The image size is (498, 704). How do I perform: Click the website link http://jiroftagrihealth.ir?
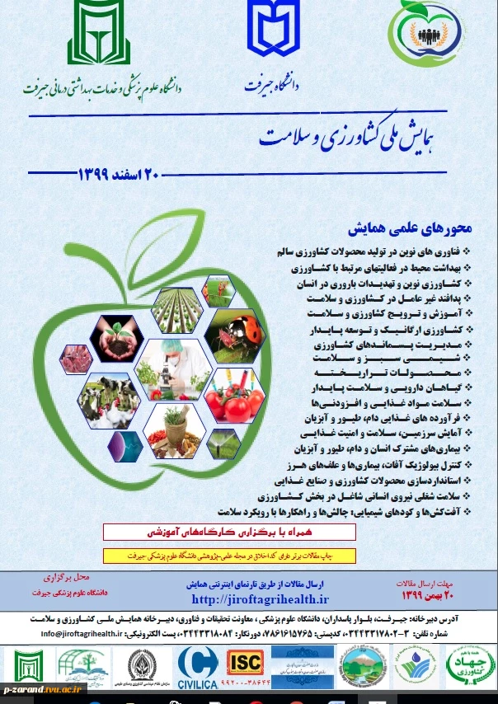pyautogui.click(x=260, y=599)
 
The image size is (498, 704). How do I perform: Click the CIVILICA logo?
pyautogui.click(x=198, y=664)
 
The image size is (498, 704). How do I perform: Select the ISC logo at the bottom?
pyautogui.click(x=245, y=662)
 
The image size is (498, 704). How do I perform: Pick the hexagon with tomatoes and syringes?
pyautogui.click(x=233, y=396)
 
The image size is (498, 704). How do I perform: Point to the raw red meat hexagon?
pyautogui.click(x=73, y=359)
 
